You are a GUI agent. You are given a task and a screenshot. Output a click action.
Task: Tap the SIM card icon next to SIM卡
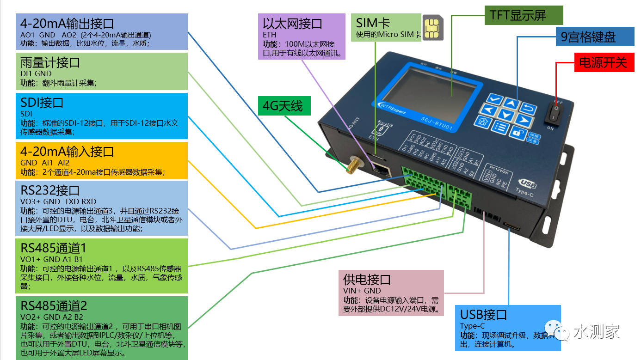(433, 28)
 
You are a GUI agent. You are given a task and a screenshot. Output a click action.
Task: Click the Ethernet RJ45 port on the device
(381, 169)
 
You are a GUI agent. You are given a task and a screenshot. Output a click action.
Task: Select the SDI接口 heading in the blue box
(42, 103)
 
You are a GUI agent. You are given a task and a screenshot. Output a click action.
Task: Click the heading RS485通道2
(54, 306)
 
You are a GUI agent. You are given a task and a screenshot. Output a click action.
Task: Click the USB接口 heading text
(483, 315)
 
